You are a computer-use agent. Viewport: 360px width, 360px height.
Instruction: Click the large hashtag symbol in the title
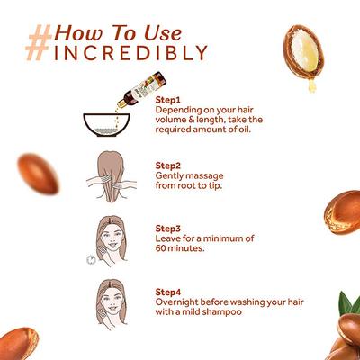39,42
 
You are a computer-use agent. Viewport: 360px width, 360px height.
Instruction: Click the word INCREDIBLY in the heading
131,53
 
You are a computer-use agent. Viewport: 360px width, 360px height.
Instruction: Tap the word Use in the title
163,32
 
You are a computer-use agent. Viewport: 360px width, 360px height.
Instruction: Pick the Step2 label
168,166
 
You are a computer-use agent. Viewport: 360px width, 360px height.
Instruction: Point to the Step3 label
168,229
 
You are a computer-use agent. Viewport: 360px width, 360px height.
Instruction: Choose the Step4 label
168,292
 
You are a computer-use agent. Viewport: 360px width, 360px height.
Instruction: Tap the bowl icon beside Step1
106,125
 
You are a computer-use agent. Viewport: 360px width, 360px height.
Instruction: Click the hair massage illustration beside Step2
112,176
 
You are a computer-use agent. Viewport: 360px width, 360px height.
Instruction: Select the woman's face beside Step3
111,239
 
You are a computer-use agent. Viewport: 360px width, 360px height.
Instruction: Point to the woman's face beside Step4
112,301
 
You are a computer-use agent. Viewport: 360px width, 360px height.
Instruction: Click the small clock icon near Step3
91,260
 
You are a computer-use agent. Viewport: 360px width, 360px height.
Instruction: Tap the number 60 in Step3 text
161,248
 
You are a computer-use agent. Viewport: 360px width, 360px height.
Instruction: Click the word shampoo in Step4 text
221,312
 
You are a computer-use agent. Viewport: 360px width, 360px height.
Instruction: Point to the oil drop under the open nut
312,86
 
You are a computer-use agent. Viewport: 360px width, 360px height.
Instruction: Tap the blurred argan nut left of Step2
38,174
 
